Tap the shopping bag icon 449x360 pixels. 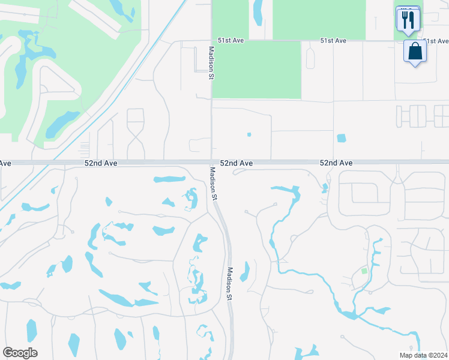pyautogui.click(x=415, y=52)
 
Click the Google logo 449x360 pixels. pyautogui.click(x=20, y=353)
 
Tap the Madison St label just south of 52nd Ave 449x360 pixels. pyautogui.click(x=213, y=183)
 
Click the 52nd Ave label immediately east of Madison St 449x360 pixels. pyautogui.click(x=236, y=163)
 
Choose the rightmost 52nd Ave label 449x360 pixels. pyautogui.click(x=336, y=163)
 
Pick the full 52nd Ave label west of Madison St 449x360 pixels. pyautogui.click(x=100, y=163)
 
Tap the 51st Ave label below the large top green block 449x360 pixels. pyautogui.click(x=333, y=41)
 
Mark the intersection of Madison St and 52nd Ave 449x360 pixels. pyautogui.click(x=211, y=163)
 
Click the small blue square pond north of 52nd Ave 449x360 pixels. pyautogui.click(x=342, y=138)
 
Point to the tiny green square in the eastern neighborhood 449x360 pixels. pyautogui.click(x=364, y=271)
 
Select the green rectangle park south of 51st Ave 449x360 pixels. pyautogui.click(x=256, y=70)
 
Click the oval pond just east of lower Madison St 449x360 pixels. pyautogui.click(x=244, y=272)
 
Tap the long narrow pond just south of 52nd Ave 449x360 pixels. pyautogui.click(x=169, y=179)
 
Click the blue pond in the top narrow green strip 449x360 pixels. pyautogui.click(x=258, y=12)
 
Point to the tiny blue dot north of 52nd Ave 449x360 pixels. pyautogui.click(x=249, y=134)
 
